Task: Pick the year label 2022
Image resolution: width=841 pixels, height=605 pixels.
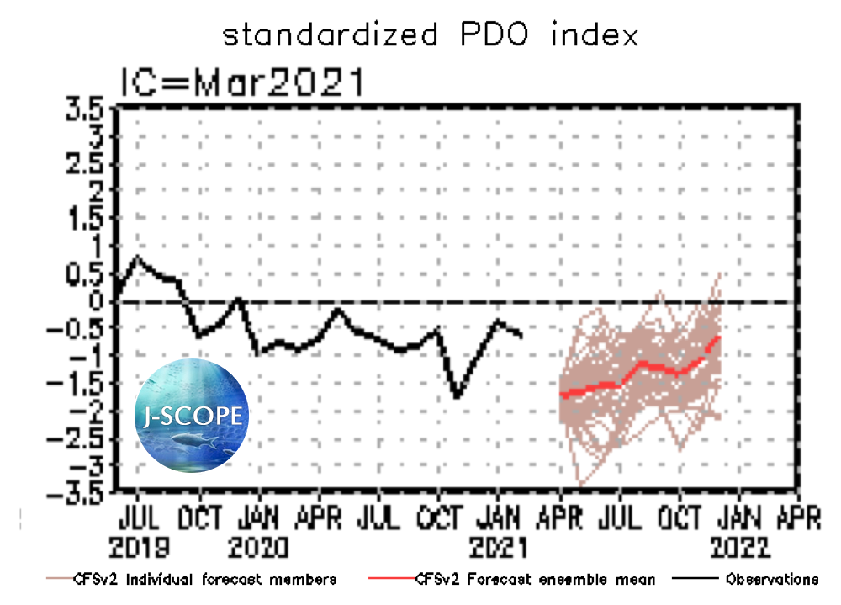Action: click(x=738, y=548)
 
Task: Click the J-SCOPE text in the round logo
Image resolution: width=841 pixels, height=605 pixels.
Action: click(x=193, y=416)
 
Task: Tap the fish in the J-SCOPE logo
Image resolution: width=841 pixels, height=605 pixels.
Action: click(x=192, y=440)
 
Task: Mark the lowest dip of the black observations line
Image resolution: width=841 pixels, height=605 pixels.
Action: click(x=457, y=395)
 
